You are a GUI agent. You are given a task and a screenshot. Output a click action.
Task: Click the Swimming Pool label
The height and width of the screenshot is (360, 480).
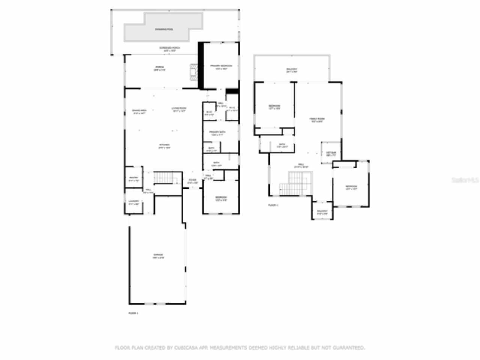164,29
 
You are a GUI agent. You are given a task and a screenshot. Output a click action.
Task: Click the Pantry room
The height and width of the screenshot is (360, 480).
133,179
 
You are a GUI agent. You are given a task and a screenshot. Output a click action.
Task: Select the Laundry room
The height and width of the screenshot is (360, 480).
133,202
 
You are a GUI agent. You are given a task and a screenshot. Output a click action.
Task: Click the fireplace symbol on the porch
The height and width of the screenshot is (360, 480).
193,72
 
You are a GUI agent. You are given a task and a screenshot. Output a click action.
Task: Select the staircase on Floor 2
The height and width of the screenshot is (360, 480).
296,184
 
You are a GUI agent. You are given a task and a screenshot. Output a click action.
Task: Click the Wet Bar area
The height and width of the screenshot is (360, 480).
331,153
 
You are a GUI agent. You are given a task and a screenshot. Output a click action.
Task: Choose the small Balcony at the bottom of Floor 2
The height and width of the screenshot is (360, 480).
322,212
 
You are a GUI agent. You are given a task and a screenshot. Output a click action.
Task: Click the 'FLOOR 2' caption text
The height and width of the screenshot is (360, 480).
273,205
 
